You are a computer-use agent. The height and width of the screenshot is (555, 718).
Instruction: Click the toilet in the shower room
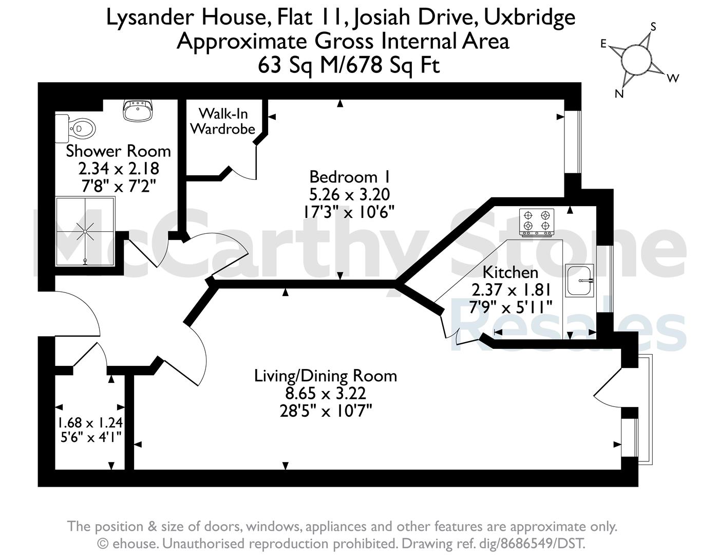click(x=76, y=128)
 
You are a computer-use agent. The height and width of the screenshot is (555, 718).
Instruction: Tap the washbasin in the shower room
click(x=138, y=110)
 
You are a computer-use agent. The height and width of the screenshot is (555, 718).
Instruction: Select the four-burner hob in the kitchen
click(x=537, y=223)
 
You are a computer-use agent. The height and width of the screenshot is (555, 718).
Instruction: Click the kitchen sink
click(x=579, y=280)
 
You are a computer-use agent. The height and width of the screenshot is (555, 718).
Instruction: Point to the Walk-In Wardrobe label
click(x=223, y=121)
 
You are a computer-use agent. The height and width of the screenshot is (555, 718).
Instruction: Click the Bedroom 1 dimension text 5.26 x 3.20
click(x=350, y=194)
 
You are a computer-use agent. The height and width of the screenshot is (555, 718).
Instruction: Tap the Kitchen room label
click(x=511, y=272)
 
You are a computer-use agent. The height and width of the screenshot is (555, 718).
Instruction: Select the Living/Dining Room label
click(x=326, y=376)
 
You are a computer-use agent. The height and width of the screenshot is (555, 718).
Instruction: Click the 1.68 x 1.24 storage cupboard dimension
click(x=90, y=422)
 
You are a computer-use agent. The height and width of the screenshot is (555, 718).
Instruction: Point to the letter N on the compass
click(x=619, y=94)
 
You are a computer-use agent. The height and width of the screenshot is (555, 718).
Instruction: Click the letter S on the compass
click(x=653, y=26)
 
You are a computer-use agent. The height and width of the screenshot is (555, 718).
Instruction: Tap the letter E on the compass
click(x=603, y=44)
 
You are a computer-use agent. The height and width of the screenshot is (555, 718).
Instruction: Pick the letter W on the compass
click(x=673, y=78)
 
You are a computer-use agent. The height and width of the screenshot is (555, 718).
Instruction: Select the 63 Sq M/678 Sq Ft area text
click(x=349, y=65)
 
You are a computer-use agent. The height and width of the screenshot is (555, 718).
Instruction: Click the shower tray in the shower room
click(x=85, y=231)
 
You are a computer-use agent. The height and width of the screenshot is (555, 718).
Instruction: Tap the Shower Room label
click(x=118, y=151)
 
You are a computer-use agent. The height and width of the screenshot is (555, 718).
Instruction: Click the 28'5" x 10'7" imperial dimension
click(x=326, y=412)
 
